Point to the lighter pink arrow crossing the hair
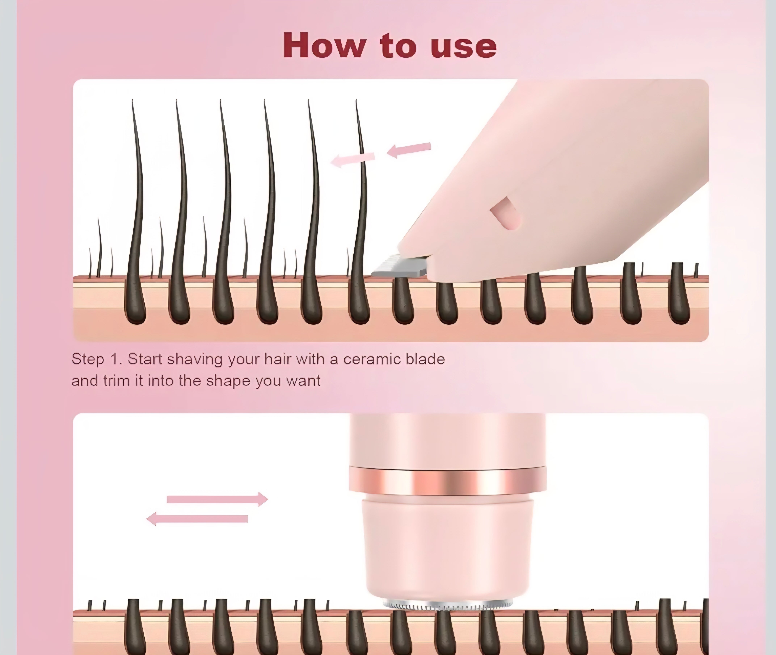(352, 160)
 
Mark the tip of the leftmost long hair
(133, 101)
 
